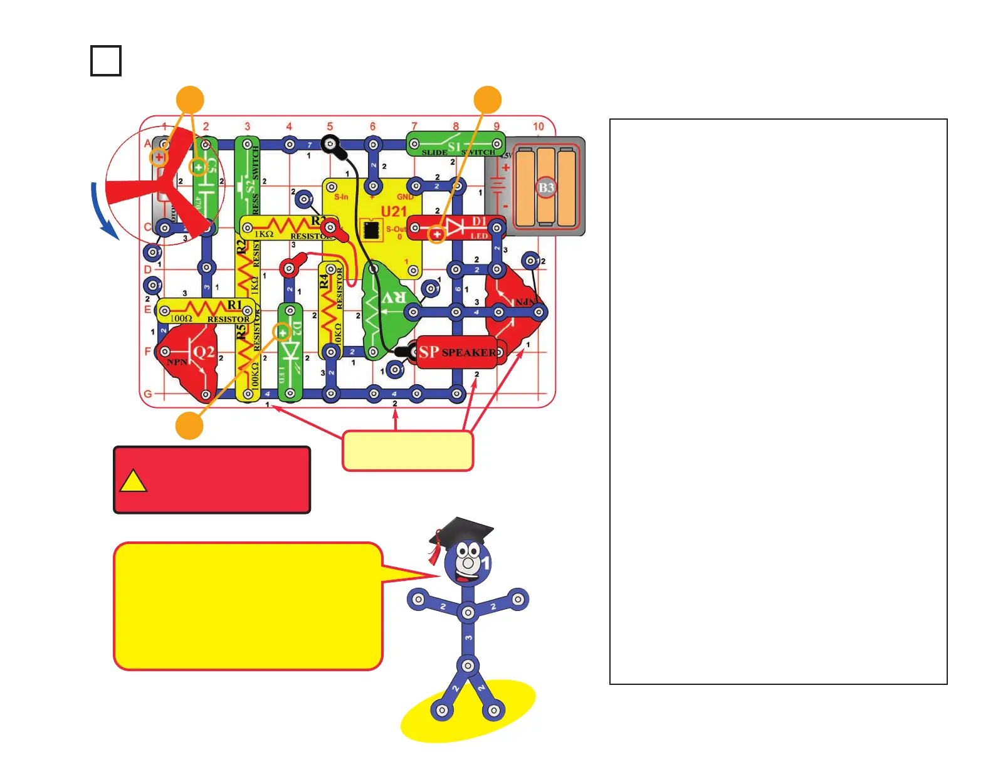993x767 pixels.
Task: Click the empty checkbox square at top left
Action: [105, 61]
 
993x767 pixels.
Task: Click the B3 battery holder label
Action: [546, 187]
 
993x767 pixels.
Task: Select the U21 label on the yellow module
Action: [394, 212]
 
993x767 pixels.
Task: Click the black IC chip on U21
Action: [371, 229]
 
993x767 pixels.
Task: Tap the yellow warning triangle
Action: [132, 481]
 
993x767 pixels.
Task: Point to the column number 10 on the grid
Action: [538, 127]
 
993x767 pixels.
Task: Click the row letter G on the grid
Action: [148, 394]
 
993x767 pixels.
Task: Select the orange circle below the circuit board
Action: [189, 426]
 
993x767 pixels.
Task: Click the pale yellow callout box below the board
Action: [407, 450]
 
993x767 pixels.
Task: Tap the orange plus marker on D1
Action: [437, 234]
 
